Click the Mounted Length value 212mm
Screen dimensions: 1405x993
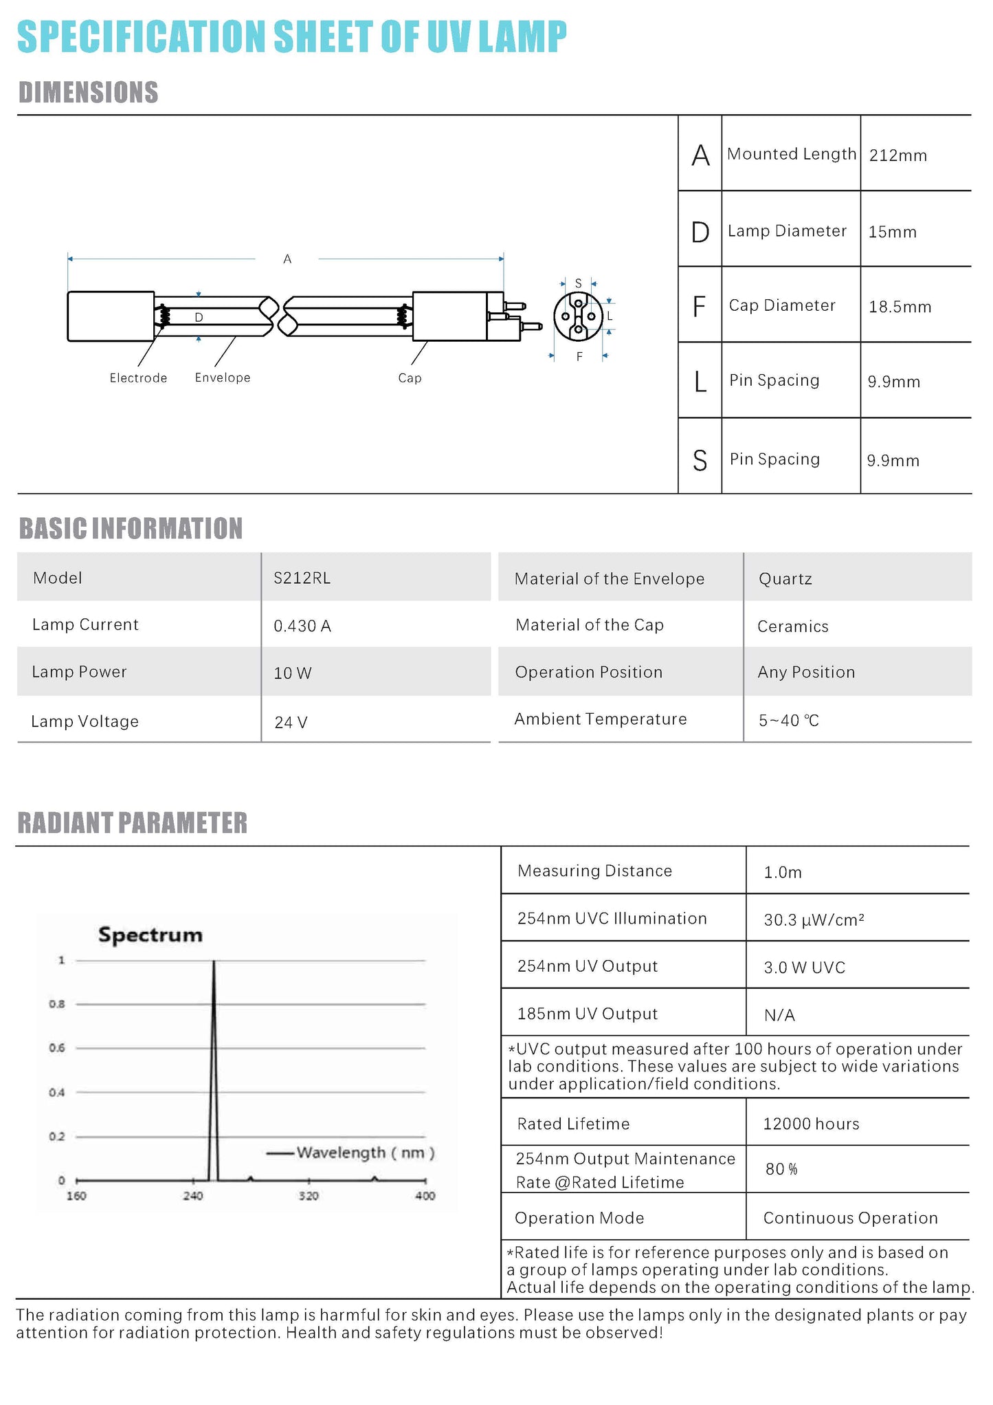(897, 155)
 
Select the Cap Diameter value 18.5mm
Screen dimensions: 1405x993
(900, 307)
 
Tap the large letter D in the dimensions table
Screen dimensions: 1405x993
(700, 232)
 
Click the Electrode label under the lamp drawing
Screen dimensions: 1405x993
(138, 378)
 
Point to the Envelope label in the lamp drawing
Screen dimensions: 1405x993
(223, 378)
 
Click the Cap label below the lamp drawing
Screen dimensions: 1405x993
(410, 378)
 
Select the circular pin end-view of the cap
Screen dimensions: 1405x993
(578, 316)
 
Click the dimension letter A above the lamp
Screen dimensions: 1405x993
(287, 259)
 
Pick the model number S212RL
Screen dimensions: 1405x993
(302, 578)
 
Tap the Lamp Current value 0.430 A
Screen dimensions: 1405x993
(302, 626)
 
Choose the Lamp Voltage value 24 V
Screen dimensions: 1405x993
(291, 722)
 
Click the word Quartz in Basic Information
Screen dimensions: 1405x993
(785, 579)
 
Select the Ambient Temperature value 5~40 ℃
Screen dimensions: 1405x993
(789, 721)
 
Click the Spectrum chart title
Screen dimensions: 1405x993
(150, 935)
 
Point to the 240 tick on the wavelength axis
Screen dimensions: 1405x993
(193, 1196)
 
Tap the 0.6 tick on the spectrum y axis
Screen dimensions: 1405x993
(57, 1048)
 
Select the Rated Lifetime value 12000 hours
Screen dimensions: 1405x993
(811, 1124)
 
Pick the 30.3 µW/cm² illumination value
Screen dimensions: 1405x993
(814, 920)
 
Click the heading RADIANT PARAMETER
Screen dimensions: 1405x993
(133, 823)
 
